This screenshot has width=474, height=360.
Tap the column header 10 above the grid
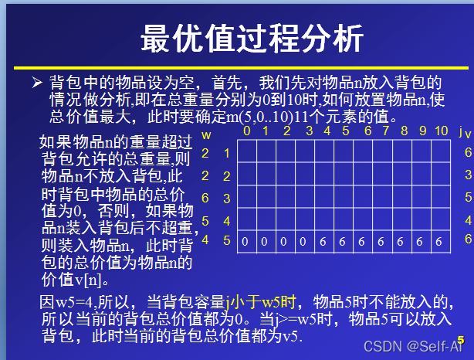click(x=441, y=131)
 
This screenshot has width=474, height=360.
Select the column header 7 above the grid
click(x=384, y=131)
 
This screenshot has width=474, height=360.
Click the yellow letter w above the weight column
click(x=206, y=134)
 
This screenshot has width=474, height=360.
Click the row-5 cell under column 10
click(x=441, y=241)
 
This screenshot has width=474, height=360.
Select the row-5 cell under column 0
click(x=245, y=241)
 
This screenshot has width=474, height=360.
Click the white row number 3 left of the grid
click(x=227, y=199)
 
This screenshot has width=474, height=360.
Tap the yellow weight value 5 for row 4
click(x=205, y=221)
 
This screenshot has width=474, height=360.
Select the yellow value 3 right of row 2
click(x=468, y=175)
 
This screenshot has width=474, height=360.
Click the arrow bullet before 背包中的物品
click(x=36, y=83)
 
